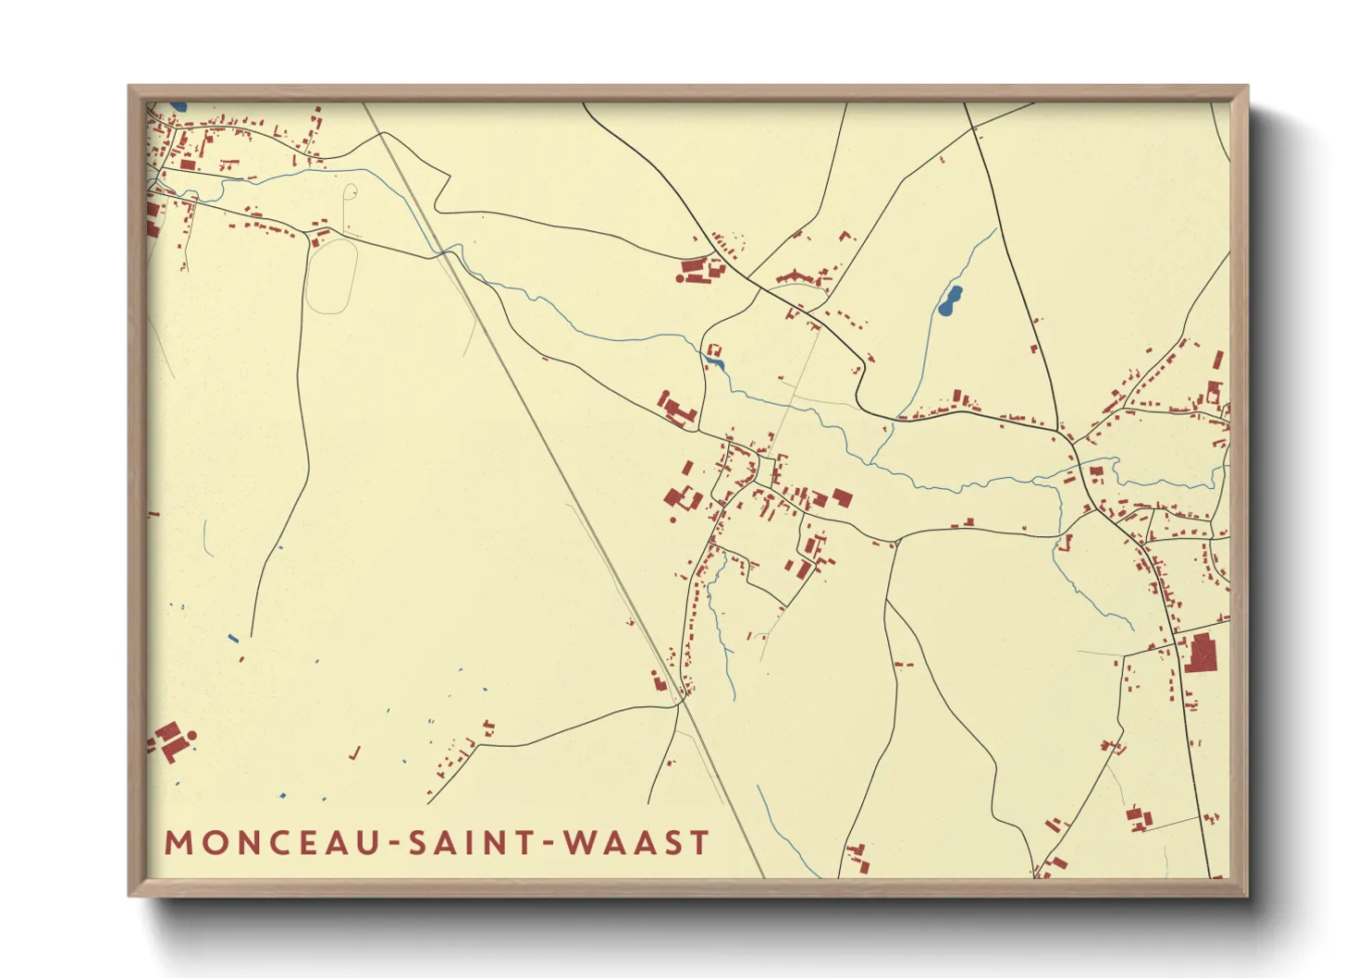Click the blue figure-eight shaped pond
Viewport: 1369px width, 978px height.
pos(950,300)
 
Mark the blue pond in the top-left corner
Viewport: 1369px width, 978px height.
pos(178,107)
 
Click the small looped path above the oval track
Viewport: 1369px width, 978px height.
pos(351,192)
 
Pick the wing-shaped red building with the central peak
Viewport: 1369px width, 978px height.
pos(795,276)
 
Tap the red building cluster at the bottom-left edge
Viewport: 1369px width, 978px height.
pos(169,740)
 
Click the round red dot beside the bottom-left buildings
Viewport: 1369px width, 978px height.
pos(192,736)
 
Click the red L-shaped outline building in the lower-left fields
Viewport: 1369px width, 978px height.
pos(354,753)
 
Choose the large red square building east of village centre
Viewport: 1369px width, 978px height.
pos(842,498)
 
